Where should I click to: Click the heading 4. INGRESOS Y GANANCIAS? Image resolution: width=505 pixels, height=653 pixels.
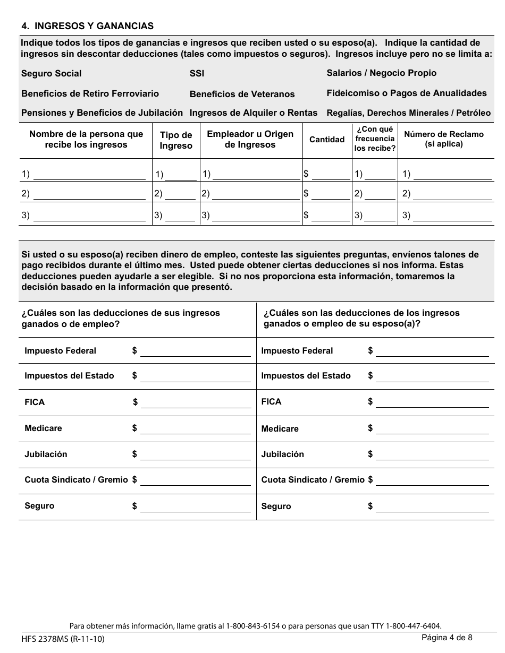tap(87, 25)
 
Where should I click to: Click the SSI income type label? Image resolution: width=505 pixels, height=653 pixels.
tap(197, 74)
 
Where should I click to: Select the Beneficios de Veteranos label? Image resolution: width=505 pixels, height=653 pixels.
tap(242, 94)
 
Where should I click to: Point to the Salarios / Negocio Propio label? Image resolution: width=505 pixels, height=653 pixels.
tap(381, 73)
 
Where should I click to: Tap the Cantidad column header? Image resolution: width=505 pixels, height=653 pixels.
tap(327, 140)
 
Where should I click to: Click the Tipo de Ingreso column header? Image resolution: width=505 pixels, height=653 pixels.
tap(176, 141)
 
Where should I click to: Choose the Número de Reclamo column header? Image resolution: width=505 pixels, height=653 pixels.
tap(444, 139)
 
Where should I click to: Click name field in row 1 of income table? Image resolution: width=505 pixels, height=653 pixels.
tap(89, 175)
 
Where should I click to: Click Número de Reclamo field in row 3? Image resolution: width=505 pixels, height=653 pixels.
tap(452, 216)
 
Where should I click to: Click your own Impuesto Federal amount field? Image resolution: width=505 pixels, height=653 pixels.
tap(195, 351)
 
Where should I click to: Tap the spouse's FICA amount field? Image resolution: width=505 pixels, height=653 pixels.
tap(432, 402)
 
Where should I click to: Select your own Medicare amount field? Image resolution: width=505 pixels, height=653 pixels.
tap(195, 429)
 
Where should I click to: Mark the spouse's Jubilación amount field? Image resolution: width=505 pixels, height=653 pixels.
tap(432, 455)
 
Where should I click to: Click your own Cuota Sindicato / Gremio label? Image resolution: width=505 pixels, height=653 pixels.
tap(76, 480)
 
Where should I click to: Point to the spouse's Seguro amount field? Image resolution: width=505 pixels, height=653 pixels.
tap(432, 507)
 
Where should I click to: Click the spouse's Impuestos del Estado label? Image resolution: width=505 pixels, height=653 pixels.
tap(306, 376)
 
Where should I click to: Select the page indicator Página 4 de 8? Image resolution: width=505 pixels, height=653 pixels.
tap(447, 638)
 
